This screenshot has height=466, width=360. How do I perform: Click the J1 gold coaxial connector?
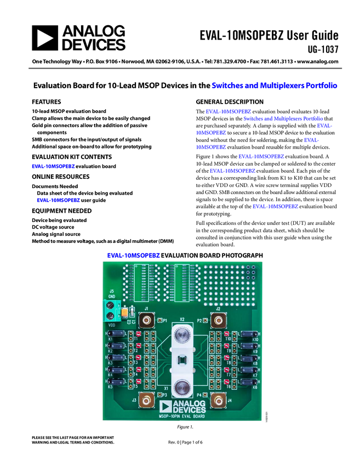coord(146,320)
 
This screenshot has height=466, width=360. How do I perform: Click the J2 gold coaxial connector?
coord(218,320)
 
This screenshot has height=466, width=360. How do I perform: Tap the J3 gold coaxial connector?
coord(146,401)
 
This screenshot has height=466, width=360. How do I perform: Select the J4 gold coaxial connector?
coord(218,401)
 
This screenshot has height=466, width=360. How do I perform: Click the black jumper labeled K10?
coord(248,334)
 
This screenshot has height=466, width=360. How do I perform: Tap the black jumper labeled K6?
coord(248,382)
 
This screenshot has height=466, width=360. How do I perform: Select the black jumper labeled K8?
coord(248,357)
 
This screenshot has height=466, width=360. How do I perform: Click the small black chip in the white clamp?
coord(182,360)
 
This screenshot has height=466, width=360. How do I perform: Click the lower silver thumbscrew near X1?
coord(182,388)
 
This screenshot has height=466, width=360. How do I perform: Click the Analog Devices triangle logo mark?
coord(165,406)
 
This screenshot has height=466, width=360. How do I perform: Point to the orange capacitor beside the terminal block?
coord(125,312)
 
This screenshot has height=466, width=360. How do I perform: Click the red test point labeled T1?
coord(139,334)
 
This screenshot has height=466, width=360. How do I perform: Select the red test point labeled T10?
coord(226,334)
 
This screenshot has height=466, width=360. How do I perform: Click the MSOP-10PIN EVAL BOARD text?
coord(182,417)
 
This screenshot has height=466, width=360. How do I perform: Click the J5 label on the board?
coord(111,291)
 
